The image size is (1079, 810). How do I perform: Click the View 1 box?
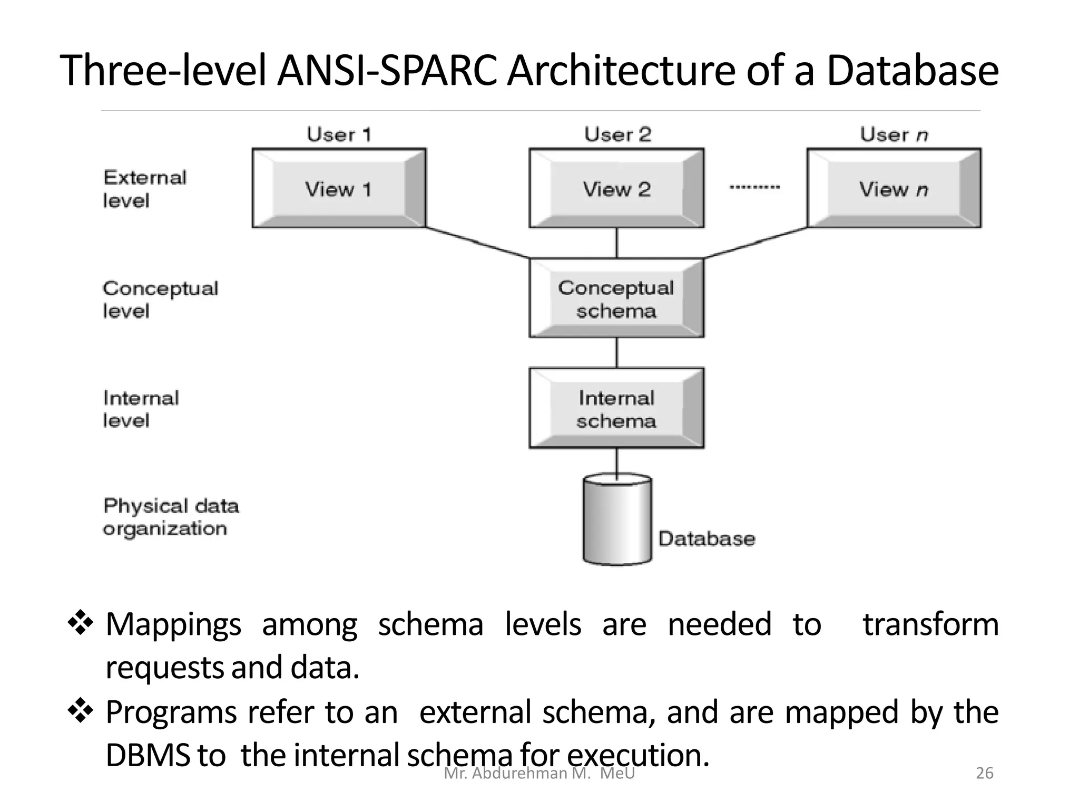[339, 188]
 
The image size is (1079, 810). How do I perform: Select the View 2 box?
[616, 188]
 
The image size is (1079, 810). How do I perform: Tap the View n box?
[894, 188]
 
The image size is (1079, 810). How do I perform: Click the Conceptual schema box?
[616, 298]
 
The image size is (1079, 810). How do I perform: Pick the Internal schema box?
[616, 409]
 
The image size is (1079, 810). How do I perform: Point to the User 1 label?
[339, 134]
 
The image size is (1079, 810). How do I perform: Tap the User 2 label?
[617, 134]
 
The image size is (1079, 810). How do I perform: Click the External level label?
[144, 189]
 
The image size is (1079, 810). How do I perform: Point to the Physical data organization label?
[170, 517]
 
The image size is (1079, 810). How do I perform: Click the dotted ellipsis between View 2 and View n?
[754, 187]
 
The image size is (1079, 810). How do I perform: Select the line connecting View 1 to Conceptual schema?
[477, 243]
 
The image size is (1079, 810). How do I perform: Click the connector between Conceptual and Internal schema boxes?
[617, 352]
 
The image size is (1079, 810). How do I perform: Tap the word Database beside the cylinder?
[707, 538]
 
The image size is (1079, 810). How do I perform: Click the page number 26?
[984, 773]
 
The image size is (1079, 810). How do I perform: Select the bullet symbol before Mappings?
[80, 623]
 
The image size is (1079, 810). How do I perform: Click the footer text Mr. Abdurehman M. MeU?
[539, 774]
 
